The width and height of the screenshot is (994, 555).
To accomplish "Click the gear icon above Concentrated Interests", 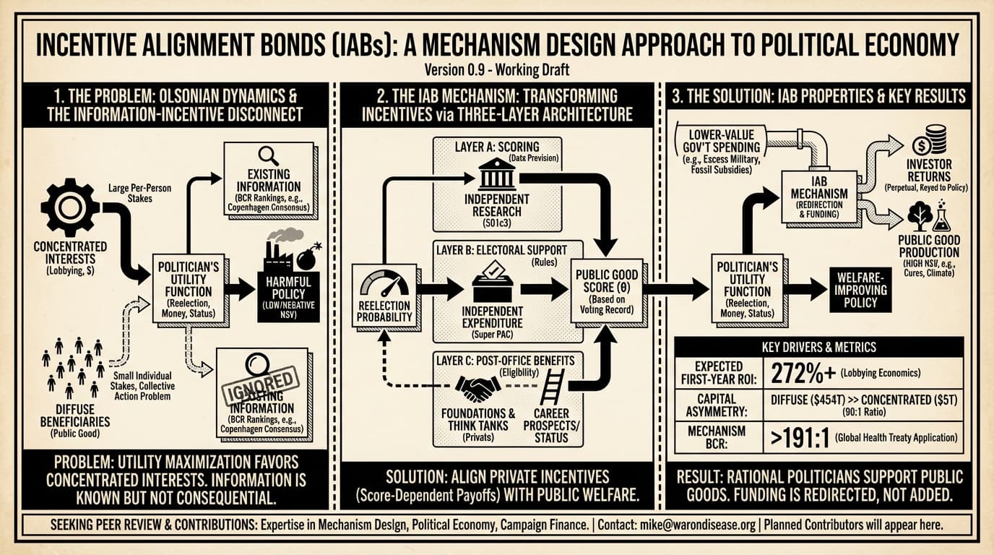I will tap(70, 207).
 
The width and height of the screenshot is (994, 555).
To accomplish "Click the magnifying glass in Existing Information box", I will tap(269, 155).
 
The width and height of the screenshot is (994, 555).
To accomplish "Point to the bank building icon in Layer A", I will tap(497, 175).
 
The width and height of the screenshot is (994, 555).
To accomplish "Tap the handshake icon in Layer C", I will tap(477, 389).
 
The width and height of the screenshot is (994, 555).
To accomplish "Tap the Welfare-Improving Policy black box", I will tap(860, 289).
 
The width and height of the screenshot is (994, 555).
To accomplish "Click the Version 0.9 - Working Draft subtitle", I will tap(497, 69).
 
